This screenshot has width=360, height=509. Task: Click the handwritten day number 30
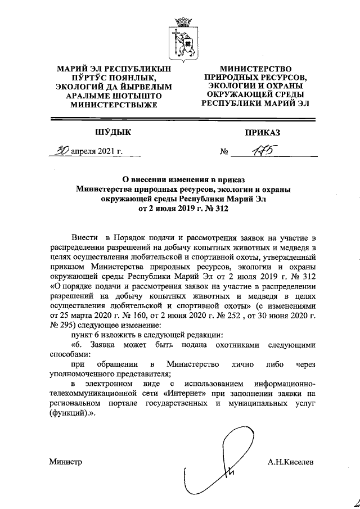[55, 151]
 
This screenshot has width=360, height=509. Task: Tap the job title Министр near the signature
[65, 462]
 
